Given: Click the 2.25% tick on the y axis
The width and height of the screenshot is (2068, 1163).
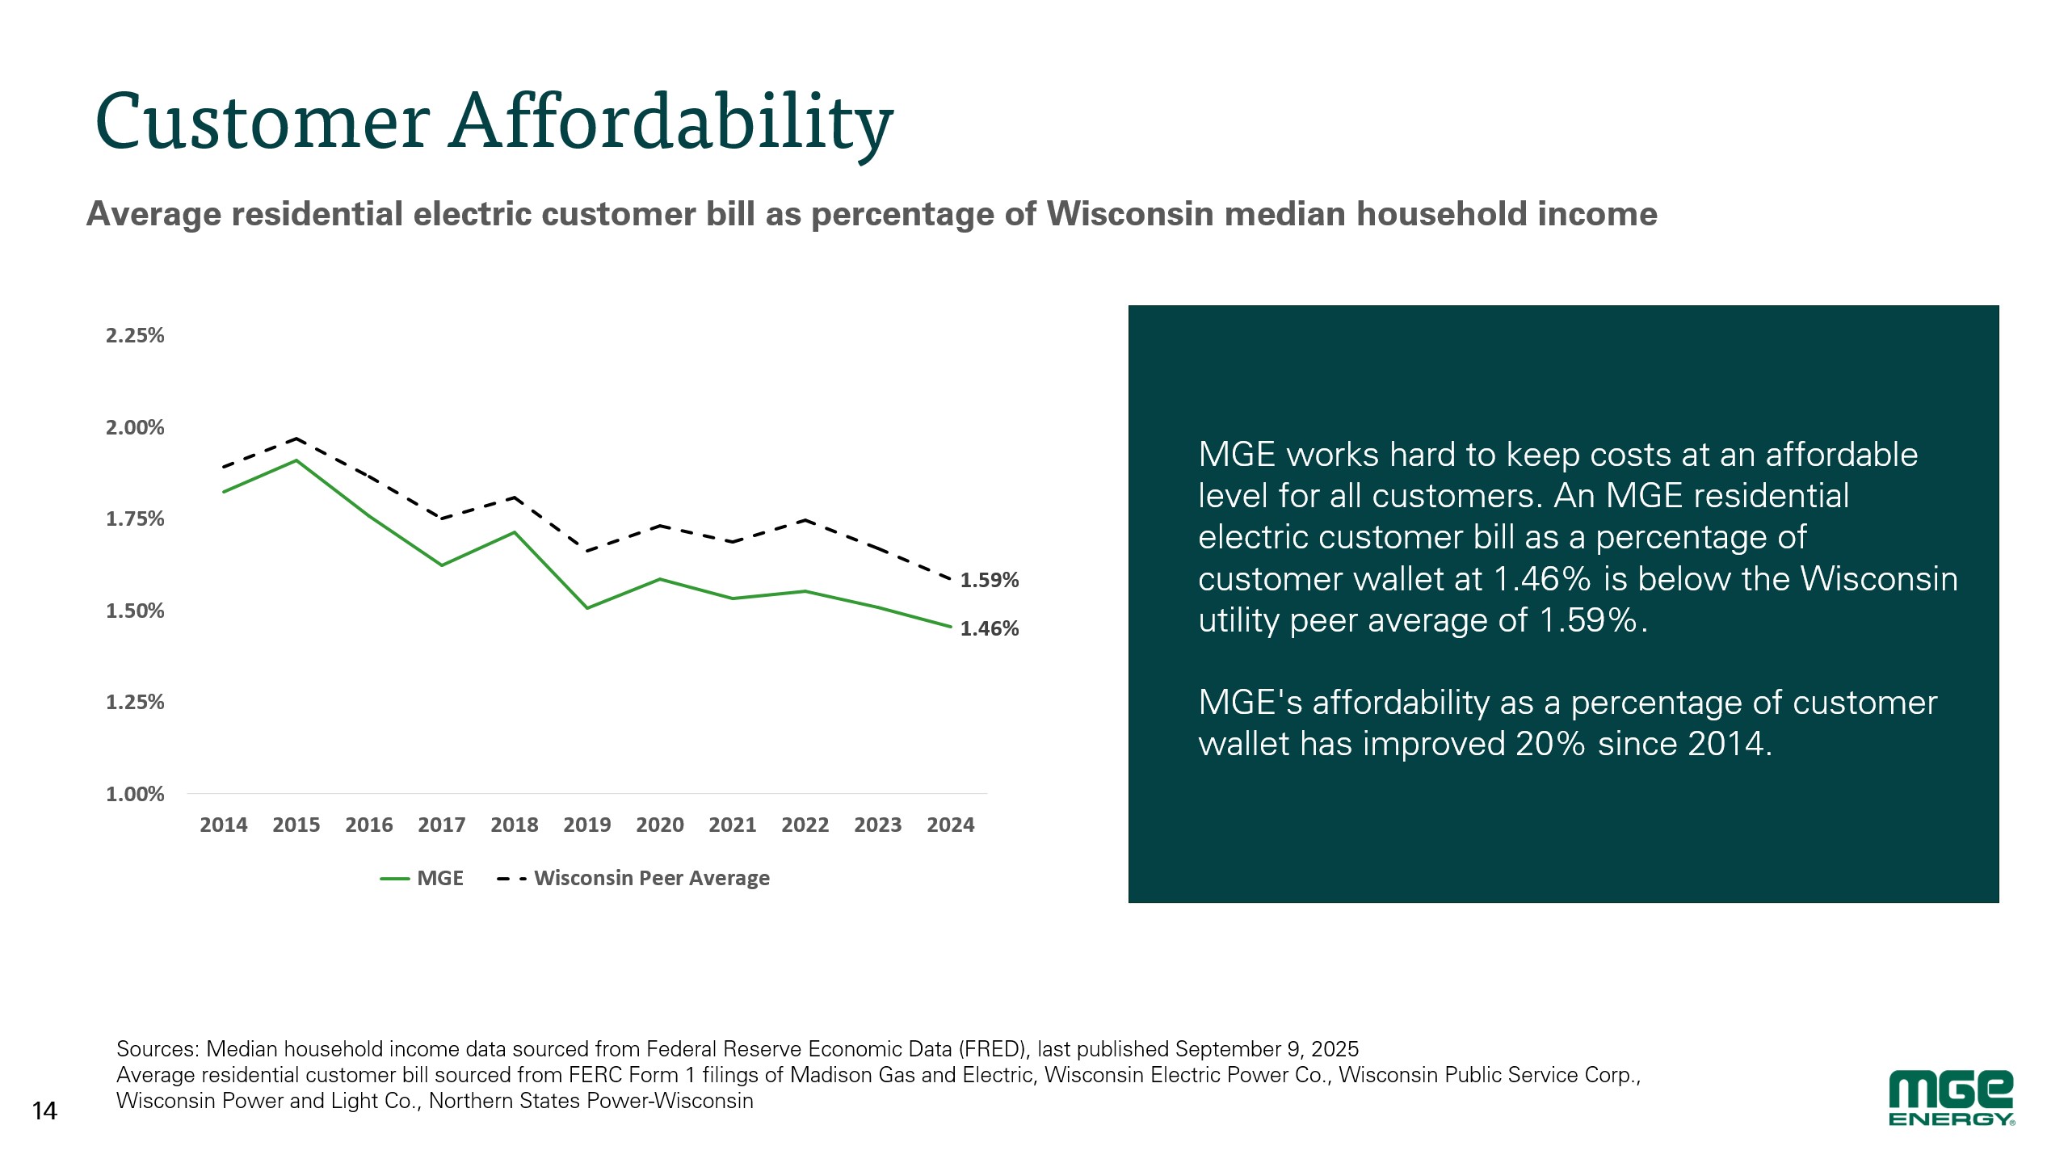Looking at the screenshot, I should point(135,335).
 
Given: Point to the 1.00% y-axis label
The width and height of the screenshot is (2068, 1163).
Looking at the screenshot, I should point(135,794).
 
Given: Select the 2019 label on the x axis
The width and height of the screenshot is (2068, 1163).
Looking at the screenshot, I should point(587,825).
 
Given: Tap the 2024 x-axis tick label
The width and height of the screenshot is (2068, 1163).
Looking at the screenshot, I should point(951,825).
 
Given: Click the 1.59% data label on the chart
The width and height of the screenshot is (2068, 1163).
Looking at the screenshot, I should point(990,580).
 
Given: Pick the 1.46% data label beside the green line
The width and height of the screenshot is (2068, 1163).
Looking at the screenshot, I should point(990,628).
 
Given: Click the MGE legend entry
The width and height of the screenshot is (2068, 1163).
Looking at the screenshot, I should point(422,878).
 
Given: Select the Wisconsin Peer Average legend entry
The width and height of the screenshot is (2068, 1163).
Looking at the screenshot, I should point(634,878).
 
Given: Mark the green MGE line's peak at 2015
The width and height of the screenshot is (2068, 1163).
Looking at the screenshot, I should point(296,460).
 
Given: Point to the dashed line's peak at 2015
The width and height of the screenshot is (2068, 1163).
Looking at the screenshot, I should point(296,439).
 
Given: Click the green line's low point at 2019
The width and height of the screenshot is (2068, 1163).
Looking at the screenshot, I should point(587,608).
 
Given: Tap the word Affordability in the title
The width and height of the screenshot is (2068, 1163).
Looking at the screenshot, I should point(671,122).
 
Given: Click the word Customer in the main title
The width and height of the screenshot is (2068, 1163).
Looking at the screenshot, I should point(263,122).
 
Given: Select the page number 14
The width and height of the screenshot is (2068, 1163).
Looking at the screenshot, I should point(44,1111).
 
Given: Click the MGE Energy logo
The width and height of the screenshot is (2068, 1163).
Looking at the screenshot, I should point(1952,1097).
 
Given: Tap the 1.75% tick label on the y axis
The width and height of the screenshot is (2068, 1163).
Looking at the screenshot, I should point(135,519).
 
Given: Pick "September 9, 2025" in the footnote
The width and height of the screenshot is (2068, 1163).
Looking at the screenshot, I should point(1267,1049).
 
